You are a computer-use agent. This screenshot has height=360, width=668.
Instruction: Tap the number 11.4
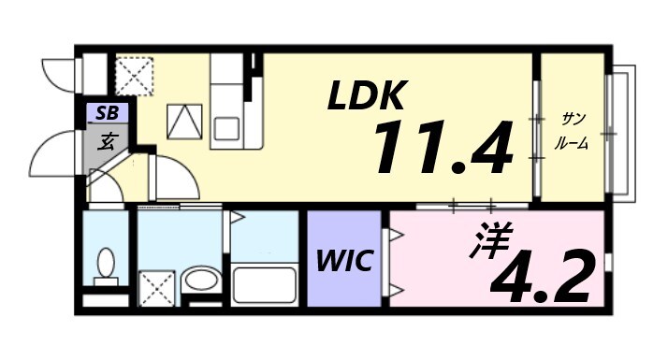[443, 147]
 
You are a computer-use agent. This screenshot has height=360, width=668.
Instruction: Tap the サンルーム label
[572, 130]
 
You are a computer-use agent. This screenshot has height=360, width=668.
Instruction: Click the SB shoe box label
[107, 113]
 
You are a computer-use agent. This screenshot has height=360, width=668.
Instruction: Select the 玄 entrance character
[108, 142]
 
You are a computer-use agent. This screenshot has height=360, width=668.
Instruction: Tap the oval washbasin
[198, 280]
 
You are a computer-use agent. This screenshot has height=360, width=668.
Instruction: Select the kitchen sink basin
[227, 126]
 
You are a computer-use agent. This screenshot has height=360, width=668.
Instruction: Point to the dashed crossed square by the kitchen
[134, 76]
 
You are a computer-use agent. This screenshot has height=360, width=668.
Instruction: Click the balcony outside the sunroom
[621, 132]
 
